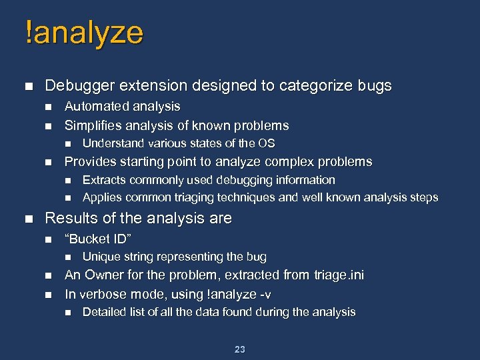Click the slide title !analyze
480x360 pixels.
click(83, 33)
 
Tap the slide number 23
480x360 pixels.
click(240, 349)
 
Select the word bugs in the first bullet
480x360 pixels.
click(376, 86)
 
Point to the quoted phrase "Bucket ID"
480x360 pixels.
click(97, 239)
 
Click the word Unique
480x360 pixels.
click(99, 257)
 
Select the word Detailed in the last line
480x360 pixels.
click(103, 312)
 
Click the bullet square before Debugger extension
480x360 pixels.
click(27, 87)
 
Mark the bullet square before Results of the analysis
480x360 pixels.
click(27, 219)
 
